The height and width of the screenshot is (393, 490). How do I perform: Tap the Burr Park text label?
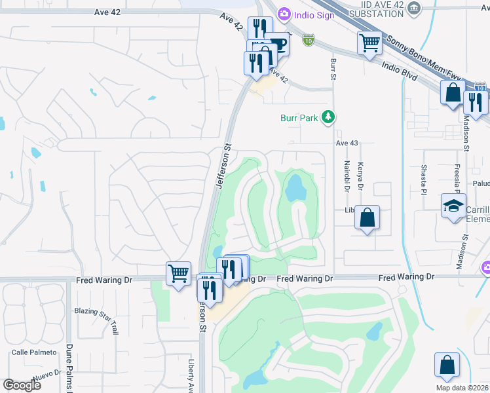[x=299, y=118]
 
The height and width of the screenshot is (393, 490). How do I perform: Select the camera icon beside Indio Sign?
[x=284, y=13]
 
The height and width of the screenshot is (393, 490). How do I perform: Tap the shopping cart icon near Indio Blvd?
[x=369, y=43]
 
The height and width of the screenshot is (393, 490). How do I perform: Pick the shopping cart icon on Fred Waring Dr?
[x=178, y=274]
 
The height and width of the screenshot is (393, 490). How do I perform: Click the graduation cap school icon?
[x=453, y=206]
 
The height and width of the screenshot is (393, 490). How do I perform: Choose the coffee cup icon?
[x=278, y=44]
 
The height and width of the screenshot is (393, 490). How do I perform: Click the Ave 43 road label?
[x=347, y=143]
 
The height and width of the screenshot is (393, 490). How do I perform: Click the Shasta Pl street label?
[x=423, y=179]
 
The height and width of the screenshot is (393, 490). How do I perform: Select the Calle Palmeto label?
[x=33, y=352]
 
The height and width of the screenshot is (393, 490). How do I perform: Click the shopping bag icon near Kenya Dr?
[x=367, y=218]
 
